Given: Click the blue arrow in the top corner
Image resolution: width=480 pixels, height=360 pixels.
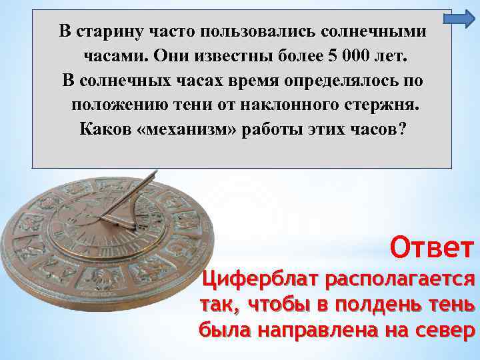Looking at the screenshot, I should click(457, 22).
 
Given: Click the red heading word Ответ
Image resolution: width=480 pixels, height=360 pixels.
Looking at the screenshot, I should click(434, 248).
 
